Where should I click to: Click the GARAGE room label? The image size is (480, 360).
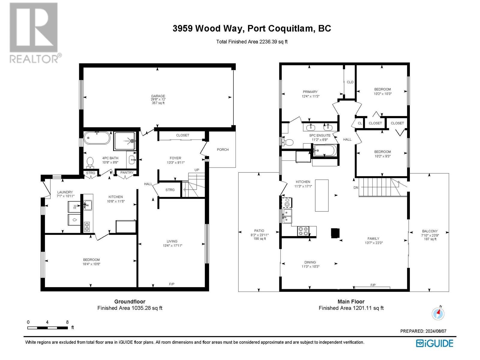click(158, 96)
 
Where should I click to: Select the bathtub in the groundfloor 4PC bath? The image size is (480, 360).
click(97, 138)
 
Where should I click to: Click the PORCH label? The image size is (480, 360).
click(223, 150)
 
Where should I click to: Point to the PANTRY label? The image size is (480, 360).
click(127, 172)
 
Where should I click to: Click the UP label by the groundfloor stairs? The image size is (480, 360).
click(197, 170)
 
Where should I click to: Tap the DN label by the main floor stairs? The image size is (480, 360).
click(356, 187)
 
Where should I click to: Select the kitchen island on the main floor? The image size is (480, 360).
click(322, 195)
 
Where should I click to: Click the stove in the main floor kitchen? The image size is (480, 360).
click(303, 231)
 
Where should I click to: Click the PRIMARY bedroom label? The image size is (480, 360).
click(310, 92)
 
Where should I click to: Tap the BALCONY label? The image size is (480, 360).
click(430, 231)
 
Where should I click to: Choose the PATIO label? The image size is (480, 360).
click(259, 231)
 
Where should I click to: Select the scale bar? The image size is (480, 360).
click(47, 328)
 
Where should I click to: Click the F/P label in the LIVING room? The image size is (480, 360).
click(172, 284)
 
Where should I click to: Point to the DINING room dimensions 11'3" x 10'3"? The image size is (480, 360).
click(310, 266)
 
